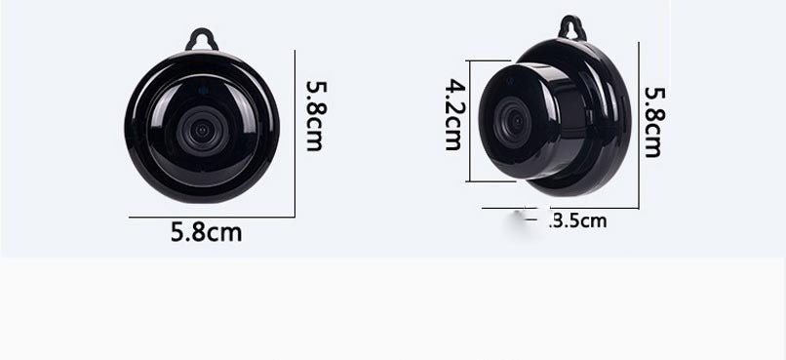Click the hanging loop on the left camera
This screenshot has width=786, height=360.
(x=202, y=38)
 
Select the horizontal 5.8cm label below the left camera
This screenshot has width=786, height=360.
(x=206, y=233)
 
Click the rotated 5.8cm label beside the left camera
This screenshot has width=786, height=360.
(x=314, y=115)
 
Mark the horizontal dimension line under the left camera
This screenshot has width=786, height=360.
(x=210, y=217)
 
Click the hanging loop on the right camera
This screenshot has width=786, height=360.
(x=572, y=28)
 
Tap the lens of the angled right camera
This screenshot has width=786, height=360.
(x=512, y=122)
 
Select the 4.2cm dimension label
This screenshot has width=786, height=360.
(x=453, y=114)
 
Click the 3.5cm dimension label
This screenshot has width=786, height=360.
(x=579, y=221)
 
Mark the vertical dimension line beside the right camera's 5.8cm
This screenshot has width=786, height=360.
(x=639, y=125)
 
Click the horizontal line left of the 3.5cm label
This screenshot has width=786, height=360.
(x=504, y=208)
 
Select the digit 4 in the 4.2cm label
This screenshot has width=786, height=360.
(x=453, y=87)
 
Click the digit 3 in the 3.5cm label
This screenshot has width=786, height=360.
(x=560, y=221)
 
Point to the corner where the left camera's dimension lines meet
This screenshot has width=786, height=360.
(x=295, y=217)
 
